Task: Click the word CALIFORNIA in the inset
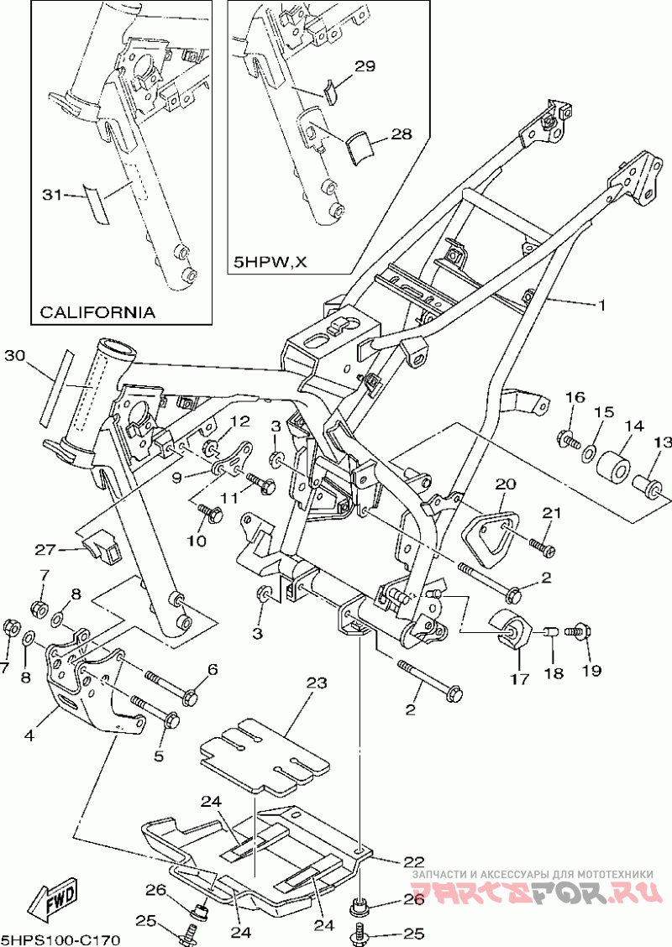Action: [x=97, y=312]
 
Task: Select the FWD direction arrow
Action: [x=53, y=903]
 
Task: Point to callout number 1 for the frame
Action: [x=601, y=306]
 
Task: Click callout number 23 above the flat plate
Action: [x=315, y=684]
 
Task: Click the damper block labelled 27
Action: [x=101, y=547]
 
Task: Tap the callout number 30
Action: [x=14, y=356]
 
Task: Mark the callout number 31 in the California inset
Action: [x=53, y=195]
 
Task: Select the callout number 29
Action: [x=364, y=67]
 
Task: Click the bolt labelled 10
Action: [x=207, y=513]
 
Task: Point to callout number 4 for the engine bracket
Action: [x=29, y=735]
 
